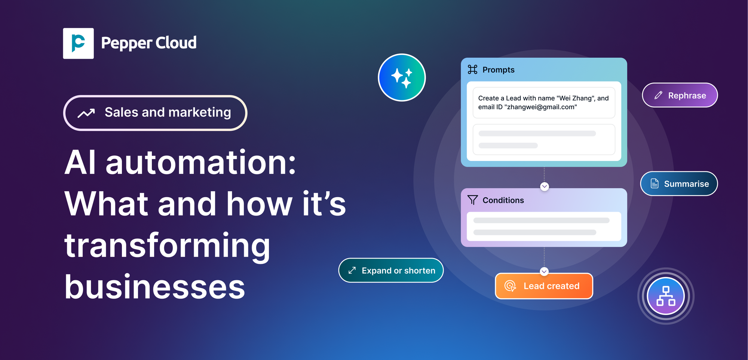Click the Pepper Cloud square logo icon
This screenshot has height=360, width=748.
click(78, 43)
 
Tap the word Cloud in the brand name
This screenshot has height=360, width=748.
click(176, 43)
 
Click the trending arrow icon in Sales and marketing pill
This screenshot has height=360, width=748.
click(86, 113)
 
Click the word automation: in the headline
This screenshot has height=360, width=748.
click(201, 163)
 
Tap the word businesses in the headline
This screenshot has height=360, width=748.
click(154, 287)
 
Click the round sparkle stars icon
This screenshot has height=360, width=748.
click(402, 77)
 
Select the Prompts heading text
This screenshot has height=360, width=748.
click(498, 70)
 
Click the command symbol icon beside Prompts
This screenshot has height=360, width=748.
click(472, 70)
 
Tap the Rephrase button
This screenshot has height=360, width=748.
click(680, 95)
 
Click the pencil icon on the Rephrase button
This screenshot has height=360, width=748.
click(658, 95)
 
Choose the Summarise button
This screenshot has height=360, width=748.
click(679, 184)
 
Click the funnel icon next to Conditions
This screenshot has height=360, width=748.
click(472, 200)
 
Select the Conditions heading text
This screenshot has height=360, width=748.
click(503, 200)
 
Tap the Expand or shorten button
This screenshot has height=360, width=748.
click(391, 270)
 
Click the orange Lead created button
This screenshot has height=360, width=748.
click(544, 286)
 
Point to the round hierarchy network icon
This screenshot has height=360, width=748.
click(666, 296)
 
